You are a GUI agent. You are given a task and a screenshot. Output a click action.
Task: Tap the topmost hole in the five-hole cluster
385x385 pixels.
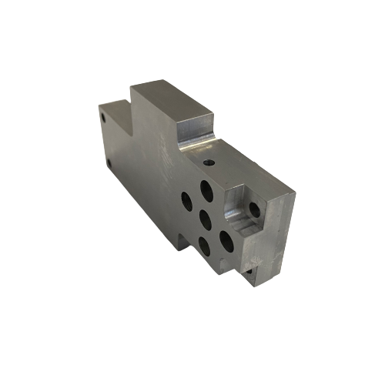(x=206, y=190)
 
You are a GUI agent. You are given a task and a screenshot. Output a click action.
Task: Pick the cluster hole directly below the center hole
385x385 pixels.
(x=203, y=246)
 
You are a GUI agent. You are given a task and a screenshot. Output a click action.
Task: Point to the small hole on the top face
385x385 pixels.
(x=211, y=162)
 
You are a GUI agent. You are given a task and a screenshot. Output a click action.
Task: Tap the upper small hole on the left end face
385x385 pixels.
(x=104, y=118)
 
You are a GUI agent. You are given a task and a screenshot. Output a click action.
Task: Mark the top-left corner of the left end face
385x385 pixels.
(x=99, y=105)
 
